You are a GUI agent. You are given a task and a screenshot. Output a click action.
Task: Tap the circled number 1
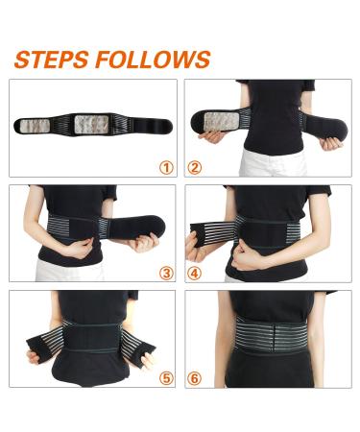pos(166,167)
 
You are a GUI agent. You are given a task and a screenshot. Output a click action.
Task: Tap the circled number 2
pos(195,167)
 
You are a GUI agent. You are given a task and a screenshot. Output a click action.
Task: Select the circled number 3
pos(166,273)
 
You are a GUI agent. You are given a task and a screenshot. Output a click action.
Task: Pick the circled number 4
pos(195,273)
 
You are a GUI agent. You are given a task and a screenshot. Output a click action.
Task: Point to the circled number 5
pos(166,377)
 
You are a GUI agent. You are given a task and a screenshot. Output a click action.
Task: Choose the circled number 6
pos(195,377)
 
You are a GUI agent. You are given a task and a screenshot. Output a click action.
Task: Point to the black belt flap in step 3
pos(129,229)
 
